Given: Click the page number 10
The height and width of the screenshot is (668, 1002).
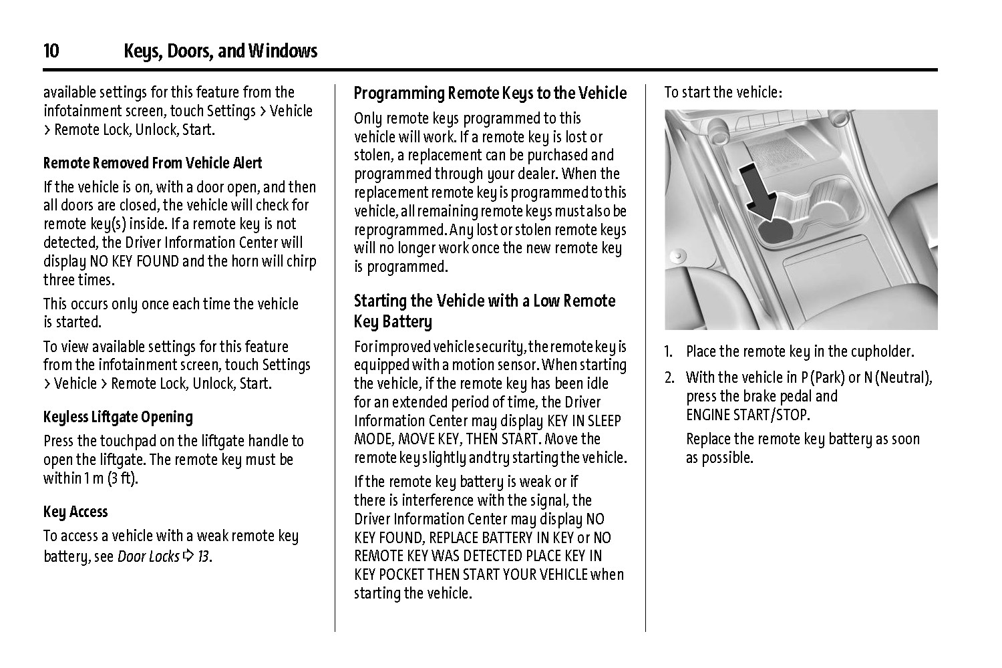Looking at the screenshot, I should pos(51,51).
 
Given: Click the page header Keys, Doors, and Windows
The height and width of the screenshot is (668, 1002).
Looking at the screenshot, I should pos(220,51).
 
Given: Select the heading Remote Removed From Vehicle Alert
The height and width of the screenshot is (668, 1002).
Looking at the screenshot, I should pos(152,163).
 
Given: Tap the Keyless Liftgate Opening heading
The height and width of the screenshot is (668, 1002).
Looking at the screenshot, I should pos(118,417).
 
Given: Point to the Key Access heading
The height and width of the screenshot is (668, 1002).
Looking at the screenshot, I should pos(75,512).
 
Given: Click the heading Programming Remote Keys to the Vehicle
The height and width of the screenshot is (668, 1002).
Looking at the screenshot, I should pos(490,93).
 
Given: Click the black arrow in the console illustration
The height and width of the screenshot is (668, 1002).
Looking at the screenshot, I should pos(760,192).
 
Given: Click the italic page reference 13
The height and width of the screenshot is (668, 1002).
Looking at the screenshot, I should pos(204,556).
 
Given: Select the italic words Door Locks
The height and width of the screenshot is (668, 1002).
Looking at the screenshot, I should pos(148,556).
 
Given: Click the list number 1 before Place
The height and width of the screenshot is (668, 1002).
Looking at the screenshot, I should pos(668,351).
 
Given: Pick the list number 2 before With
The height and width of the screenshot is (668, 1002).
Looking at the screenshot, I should pos(669,378).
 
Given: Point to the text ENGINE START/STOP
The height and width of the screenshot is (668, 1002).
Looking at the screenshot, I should pos(747,415).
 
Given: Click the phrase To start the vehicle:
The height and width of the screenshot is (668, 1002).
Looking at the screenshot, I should pos(723,92).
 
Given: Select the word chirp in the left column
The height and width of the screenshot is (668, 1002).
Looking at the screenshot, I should pos(301,261).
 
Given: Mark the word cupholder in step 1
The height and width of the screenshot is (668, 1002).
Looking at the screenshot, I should pos(880,351).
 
